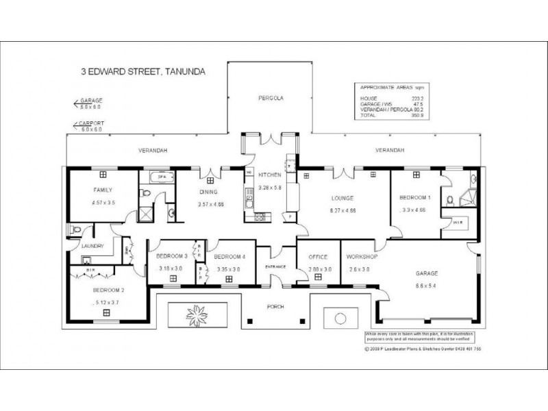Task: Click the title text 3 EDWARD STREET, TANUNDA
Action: (x=144, y=71)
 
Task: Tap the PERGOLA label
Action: (x=271, y=99)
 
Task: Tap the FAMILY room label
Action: (x=103, y=190)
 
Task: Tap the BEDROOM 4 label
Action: (x=228, y=256)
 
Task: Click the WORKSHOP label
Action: (x=362, y=256)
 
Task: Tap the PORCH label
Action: (x=276, y=306)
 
